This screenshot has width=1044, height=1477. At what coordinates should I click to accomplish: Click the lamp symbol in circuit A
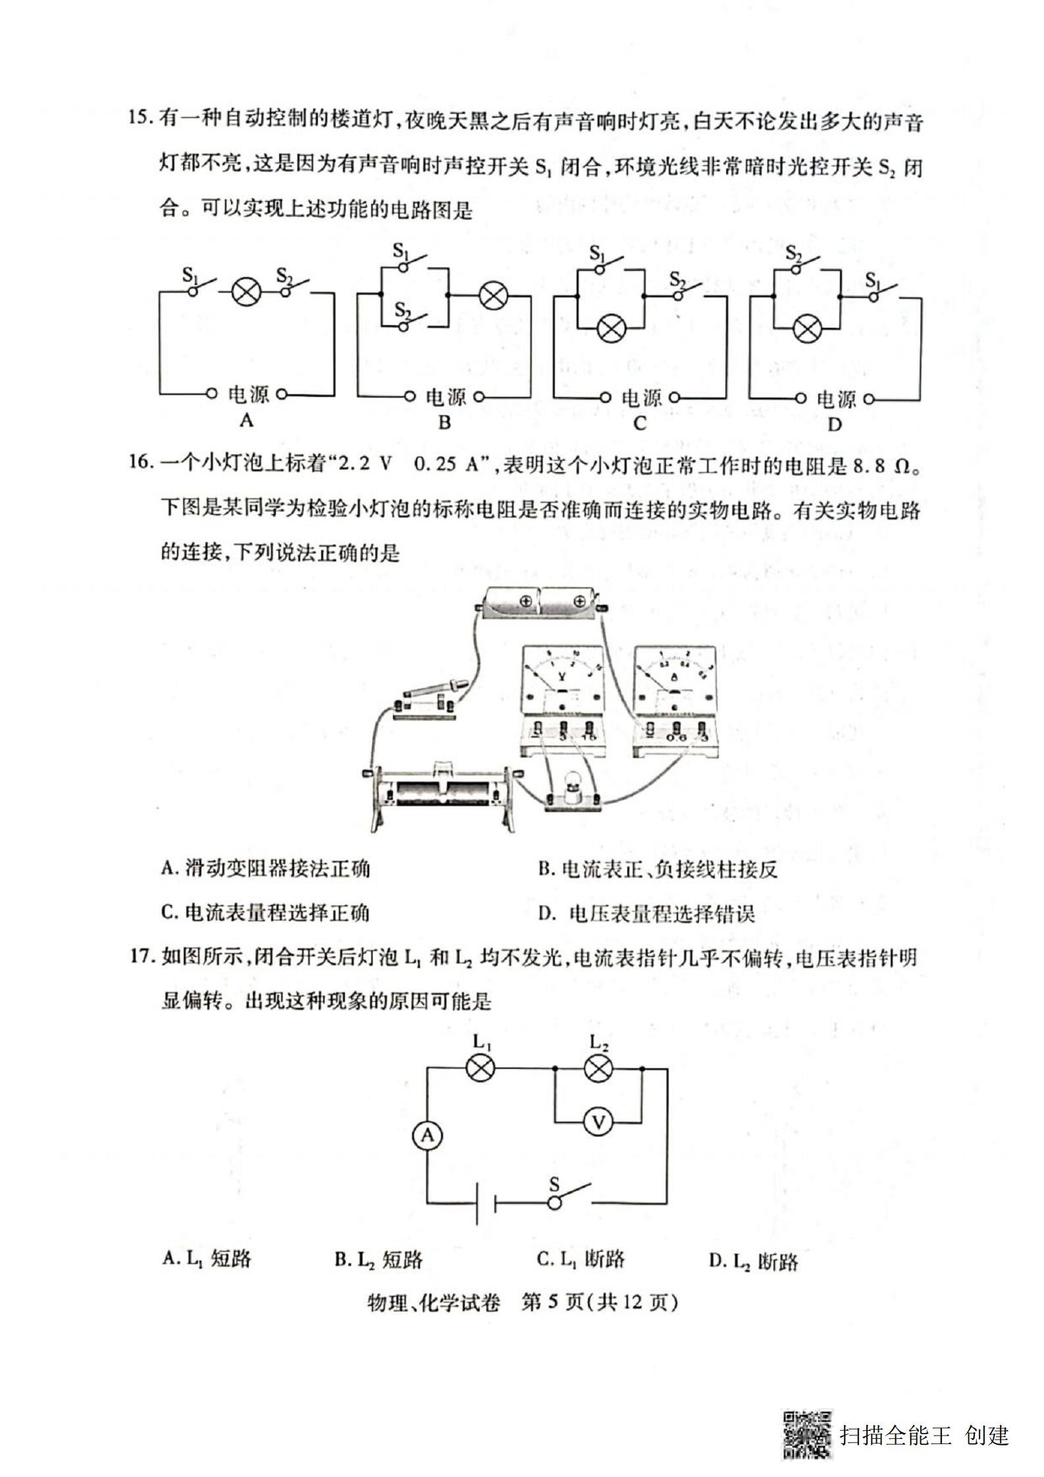[x=247, y=293]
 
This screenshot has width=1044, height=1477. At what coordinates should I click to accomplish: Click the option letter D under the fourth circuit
[x=834, y=425]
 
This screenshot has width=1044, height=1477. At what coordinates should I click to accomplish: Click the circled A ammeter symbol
[x=428, y=1135]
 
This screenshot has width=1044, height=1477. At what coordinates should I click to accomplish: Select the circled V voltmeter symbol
[x=598, y=1122]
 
